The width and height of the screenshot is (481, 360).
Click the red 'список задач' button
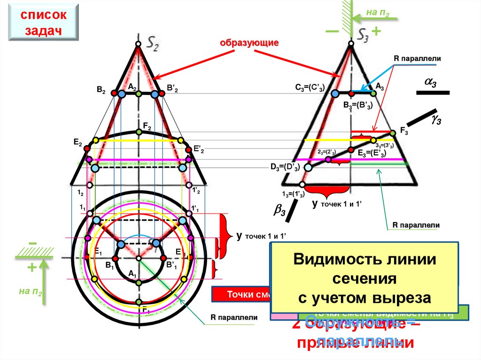(43, 23)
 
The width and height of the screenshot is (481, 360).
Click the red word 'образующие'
(250, 43)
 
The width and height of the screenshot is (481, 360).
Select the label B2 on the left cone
(101, 89)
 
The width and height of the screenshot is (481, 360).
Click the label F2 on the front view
(147, 126)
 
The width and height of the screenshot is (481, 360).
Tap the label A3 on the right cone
(380, 86)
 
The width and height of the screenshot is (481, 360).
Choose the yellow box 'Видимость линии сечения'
(365, 278)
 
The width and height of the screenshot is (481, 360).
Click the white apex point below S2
(138, 44)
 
